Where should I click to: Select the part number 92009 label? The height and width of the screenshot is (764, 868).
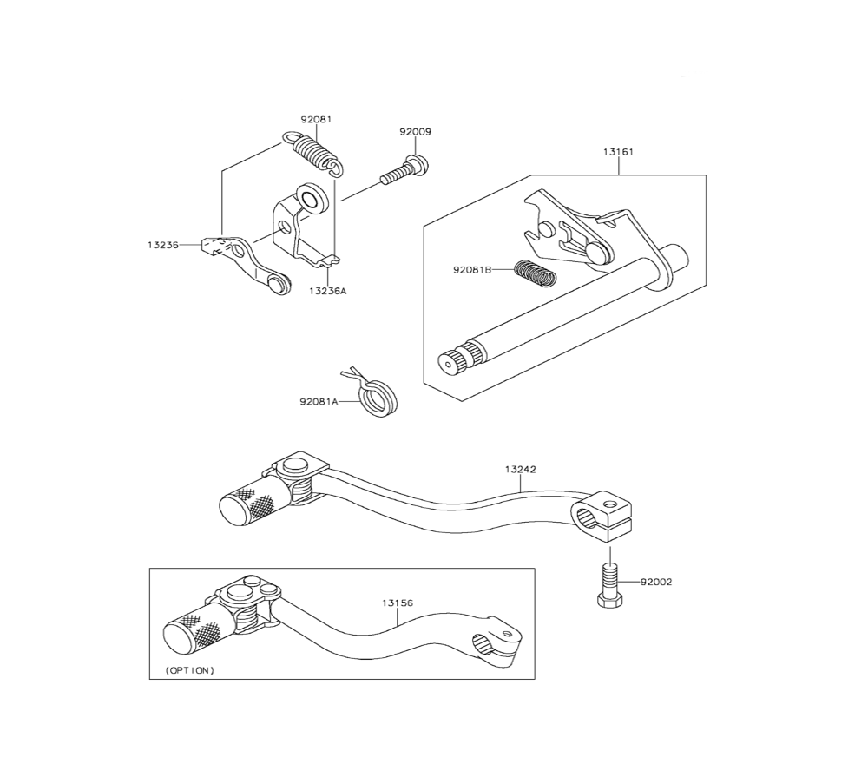pos(415,132)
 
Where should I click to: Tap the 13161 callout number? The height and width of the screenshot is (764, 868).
pos(618,151)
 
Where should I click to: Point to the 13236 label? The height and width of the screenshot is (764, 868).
pos(162,246)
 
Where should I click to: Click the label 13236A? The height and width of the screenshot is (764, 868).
pos(326,292)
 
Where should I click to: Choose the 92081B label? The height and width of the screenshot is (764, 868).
pos(471,270)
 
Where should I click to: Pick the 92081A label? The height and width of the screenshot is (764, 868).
pos(319,402)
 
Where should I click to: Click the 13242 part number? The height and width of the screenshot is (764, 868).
pos(520,469)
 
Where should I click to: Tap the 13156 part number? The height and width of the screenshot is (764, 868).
pos(397,601)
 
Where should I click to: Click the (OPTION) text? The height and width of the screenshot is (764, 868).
pos(189,670)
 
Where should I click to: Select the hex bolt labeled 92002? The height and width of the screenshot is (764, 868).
pos(608,585)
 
